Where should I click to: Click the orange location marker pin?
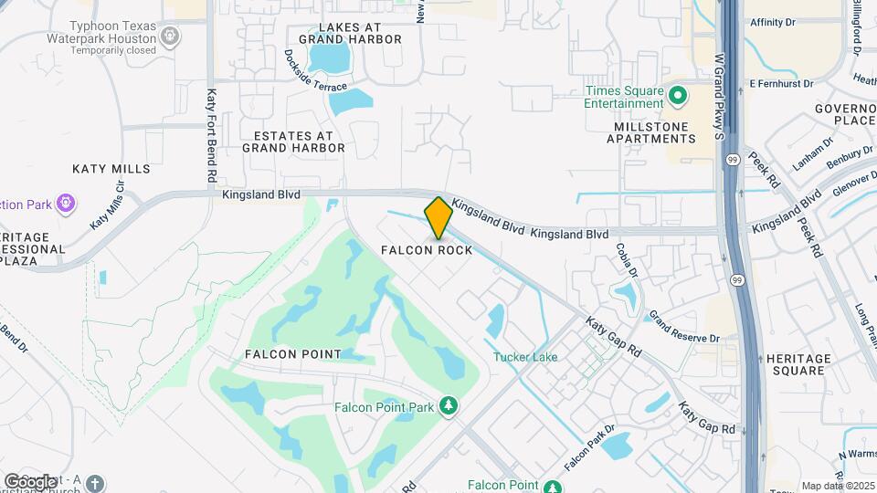(438, 217)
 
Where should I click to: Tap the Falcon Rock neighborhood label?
(428, 250)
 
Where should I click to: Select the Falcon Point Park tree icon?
(448, 404)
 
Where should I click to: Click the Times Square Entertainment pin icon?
(678, 95)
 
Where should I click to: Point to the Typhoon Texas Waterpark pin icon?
(169, 36)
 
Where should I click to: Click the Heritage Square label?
(798, 364)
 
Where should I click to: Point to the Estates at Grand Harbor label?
(292, 141)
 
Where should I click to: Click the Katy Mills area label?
(103, 169)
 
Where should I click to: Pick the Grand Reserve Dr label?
(684, 327)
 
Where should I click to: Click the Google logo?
(29, 481)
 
